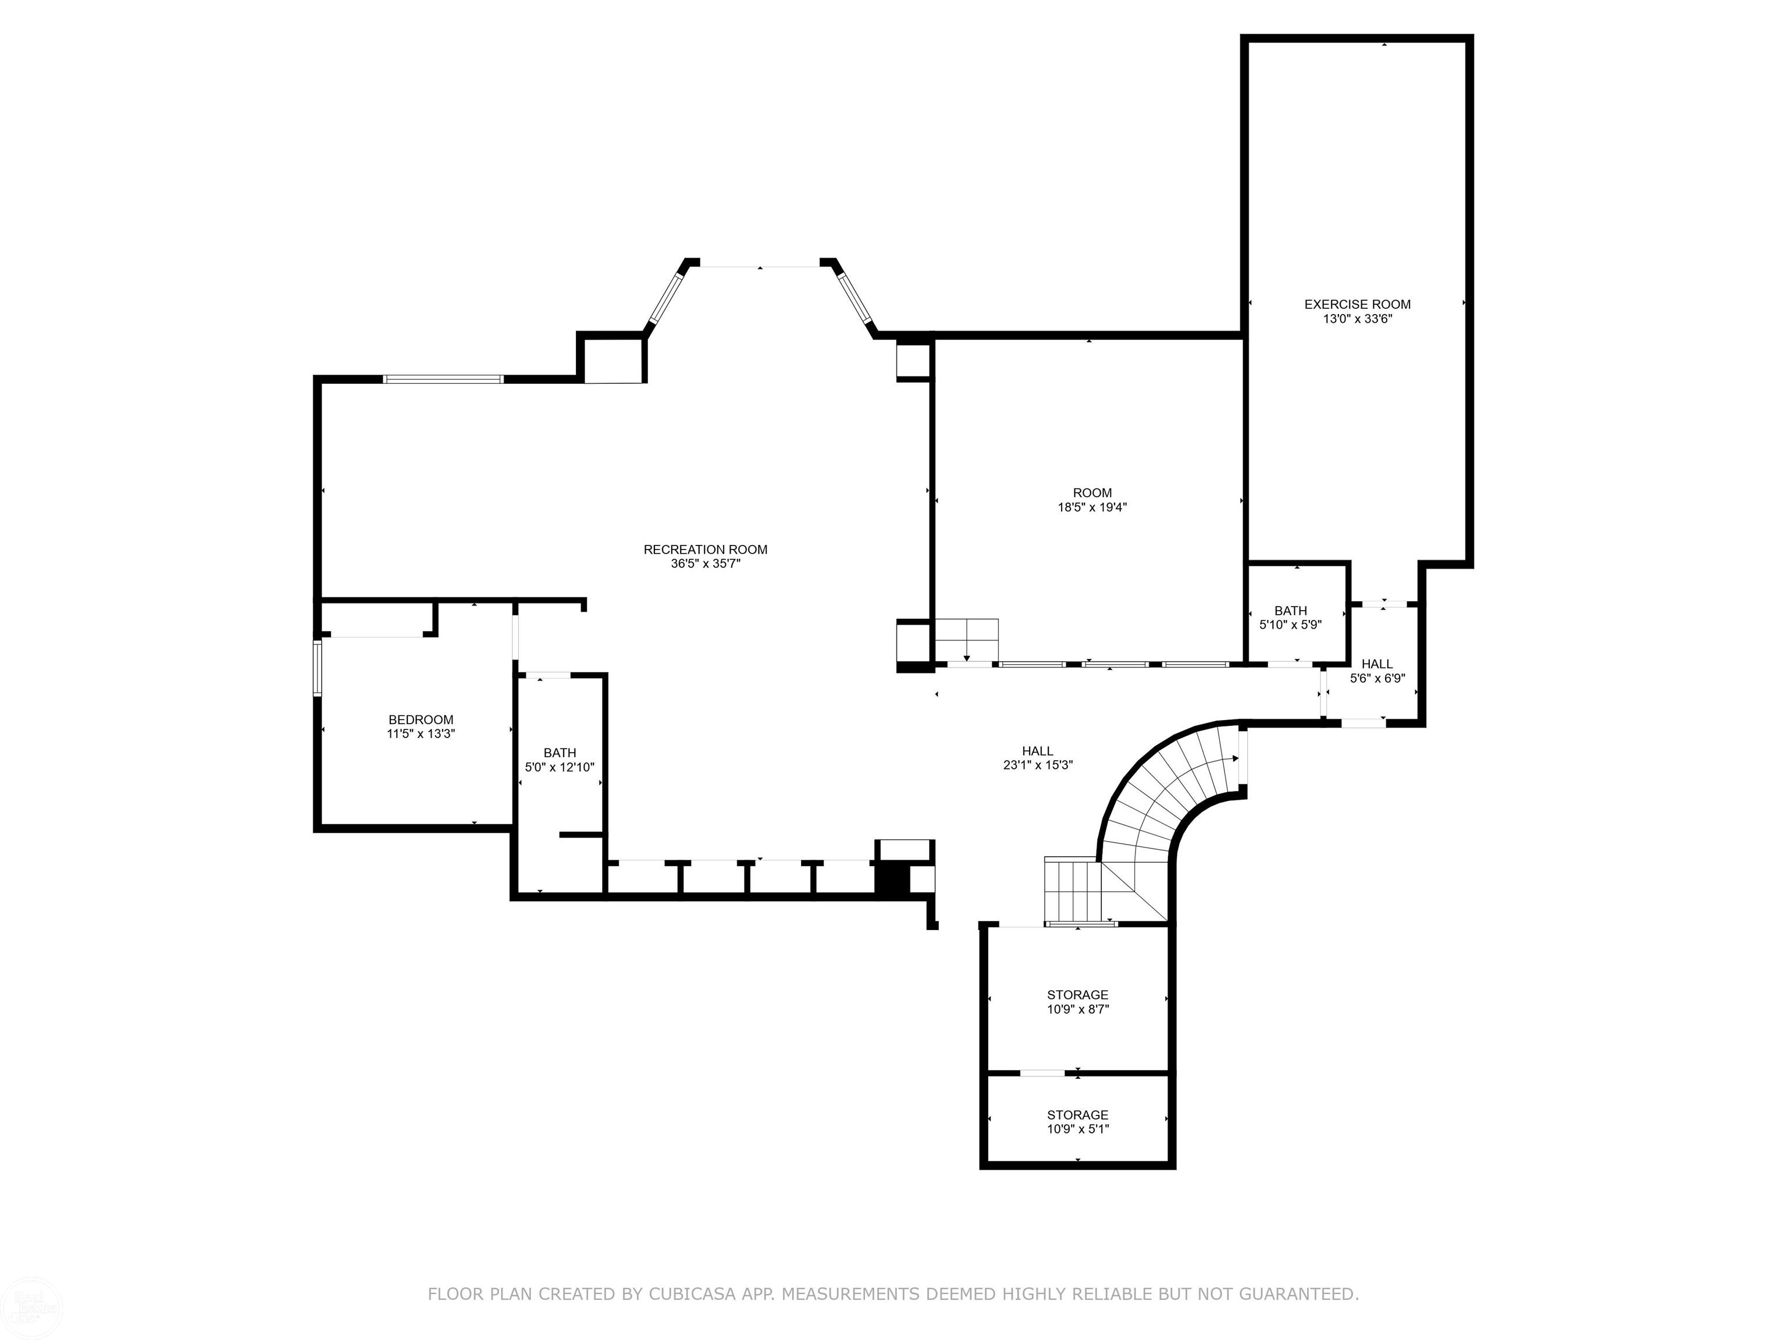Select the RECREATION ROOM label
click(x=705, y=549)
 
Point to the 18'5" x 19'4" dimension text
click(x=1092, y=507)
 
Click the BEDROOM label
click(x=421, y=719)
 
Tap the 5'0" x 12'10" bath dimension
click(x=560, y=767)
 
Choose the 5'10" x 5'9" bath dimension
click(x=1290, y=625)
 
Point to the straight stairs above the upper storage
click(x=1073, y=889)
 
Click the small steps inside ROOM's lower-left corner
click(x=967, y=640)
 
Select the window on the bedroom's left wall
click(x=318, y=668)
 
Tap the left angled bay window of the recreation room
click(x=667, y=298)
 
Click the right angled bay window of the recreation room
click(x=854, y=298)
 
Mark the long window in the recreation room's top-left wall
click(x=443, y=379)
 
